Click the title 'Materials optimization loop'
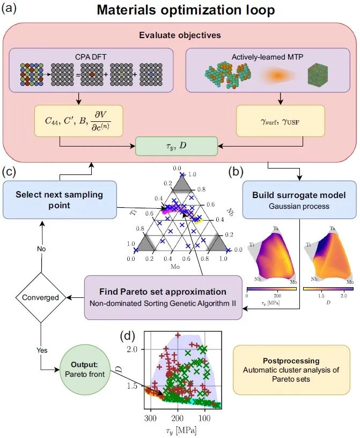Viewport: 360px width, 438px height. click(x=186, y=10)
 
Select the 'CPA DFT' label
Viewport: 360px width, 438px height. click(x=91, y=57)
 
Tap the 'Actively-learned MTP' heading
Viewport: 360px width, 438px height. click(x=267, y=57)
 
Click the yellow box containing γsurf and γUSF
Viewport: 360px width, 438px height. click(x=281, y=121)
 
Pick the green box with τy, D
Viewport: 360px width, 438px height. click(x=176, y=146)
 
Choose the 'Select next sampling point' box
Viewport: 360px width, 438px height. click(x=60, y=200)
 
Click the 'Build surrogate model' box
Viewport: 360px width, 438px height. click(x=299, y=200)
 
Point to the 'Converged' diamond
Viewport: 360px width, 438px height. click(x=41, y=297)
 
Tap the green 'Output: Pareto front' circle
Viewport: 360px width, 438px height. click(x=85, y=369)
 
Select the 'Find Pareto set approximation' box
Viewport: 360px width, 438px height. click(x=163, y=297)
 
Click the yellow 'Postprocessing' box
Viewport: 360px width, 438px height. click(x=291, y=370)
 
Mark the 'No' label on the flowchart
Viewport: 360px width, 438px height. click(x=41, y=249)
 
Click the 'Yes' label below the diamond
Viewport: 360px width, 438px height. click(x=42, y=351)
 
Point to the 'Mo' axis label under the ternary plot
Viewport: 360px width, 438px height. click(x=175, y=267)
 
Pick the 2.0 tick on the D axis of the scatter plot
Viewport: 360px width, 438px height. click(x=133, y=349)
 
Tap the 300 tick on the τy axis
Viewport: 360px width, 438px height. click(x=151, y=418)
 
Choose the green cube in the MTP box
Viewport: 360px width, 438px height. click(x=318, y=76)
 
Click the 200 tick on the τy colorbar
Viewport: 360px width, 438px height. click(x=277, y=296)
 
